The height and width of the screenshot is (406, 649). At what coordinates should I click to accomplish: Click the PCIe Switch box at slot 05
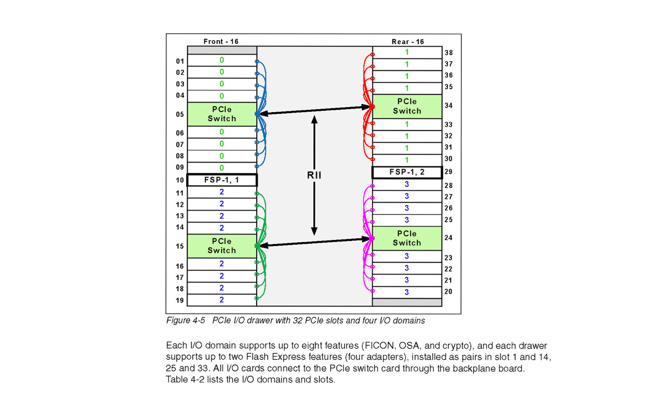222,114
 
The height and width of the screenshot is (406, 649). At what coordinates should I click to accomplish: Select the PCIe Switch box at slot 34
407,106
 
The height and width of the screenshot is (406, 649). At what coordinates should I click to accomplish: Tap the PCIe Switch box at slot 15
222,246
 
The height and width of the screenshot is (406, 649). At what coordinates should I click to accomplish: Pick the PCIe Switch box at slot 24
407,238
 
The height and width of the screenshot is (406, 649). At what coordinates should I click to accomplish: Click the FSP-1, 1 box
222,180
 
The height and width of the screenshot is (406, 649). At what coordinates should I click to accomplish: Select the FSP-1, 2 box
407,172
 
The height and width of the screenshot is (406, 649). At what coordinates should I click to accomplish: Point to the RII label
314,176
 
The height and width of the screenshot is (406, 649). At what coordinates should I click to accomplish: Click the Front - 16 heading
221,42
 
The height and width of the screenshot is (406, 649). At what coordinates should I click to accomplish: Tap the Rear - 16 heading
408,42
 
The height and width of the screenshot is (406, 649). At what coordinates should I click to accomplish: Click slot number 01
180,61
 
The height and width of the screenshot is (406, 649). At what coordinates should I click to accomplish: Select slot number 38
448,53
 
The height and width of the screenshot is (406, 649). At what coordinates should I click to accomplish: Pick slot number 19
180,300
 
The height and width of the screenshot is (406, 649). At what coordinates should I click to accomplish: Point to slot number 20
448,292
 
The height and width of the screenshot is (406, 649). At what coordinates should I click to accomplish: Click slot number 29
448,172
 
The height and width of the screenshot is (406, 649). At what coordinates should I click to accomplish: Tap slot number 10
180,180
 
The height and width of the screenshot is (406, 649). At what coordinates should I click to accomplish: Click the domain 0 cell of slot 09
222,168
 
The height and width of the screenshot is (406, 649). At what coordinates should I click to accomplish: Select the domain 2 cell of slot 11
222,192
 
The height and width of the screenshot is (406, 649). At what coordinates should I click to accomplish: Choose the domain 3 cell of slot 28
407,184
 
